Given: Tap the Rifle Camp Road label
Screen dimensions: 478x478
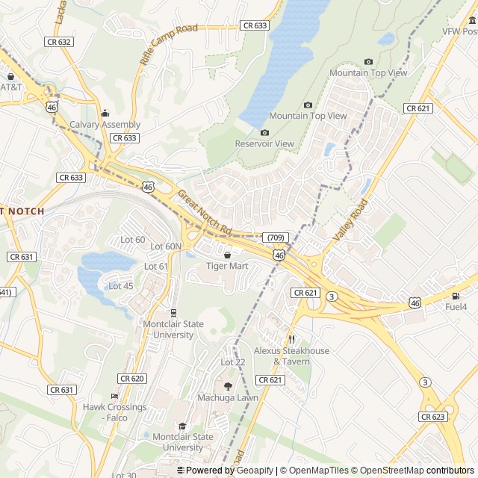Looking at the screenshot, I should click(x=168, y=44).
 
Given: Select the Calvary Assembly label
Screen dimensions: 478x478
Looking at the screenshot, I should click(x=105, y=125).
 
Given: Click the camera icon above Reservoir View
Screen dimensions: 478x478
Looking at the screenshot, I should click(x=264, y=132).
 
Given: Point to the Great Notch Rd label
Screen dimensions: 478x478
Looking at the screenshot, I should click(x=205, y=211).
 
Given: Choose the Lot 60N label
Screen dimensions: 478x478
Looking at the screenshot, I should click(x=166, y=246).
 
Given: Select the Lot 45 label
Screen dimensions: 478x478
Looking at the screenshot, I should click(x=121, y=286).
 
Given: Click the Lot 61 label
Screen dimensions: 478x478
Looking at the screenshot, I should click(x=156, y=267).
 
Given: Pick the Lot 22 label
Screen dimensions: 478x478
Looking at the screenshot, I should click(x=232, y=362).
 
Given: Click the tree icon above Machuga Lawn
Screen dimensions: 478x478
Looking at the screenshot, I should click(x=228, y=386).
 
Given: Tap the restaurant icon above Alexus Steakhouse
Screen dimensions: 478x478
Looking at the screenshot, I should click(x=291, y=339).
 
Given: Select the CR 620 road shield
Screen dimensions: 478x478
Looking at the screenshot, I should click(x=132, y=379).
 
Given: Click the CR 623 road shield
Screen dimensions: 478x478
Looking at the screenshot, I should click(x=432, y=417).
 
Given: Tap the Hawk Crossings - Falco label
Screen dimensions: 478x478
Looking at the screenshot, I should click(x=114, y=412).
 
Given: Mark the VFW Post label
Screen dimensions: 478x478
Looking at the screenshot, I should click(x=459, y=31).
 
